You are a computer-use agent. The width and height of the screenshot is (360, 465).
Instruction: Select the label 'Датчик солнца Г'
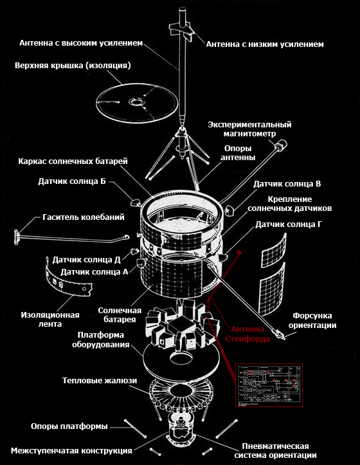(x=288, y=224)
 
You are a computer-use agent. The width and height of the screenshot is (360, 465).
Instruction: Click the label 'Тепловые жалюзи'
(x=100, y=381)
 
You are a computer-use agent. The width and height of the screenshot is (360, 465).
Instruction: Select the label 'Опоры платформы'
(x=69, y=426)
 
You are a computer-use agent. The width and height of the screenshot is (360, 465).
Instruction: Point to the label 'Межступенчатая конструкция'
(x=71, y=450)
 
